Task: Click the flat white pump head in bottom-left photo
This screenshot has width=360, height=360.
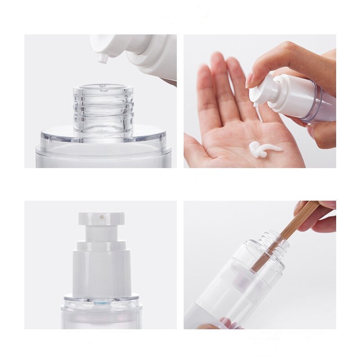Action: click(x=101, y=219)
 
